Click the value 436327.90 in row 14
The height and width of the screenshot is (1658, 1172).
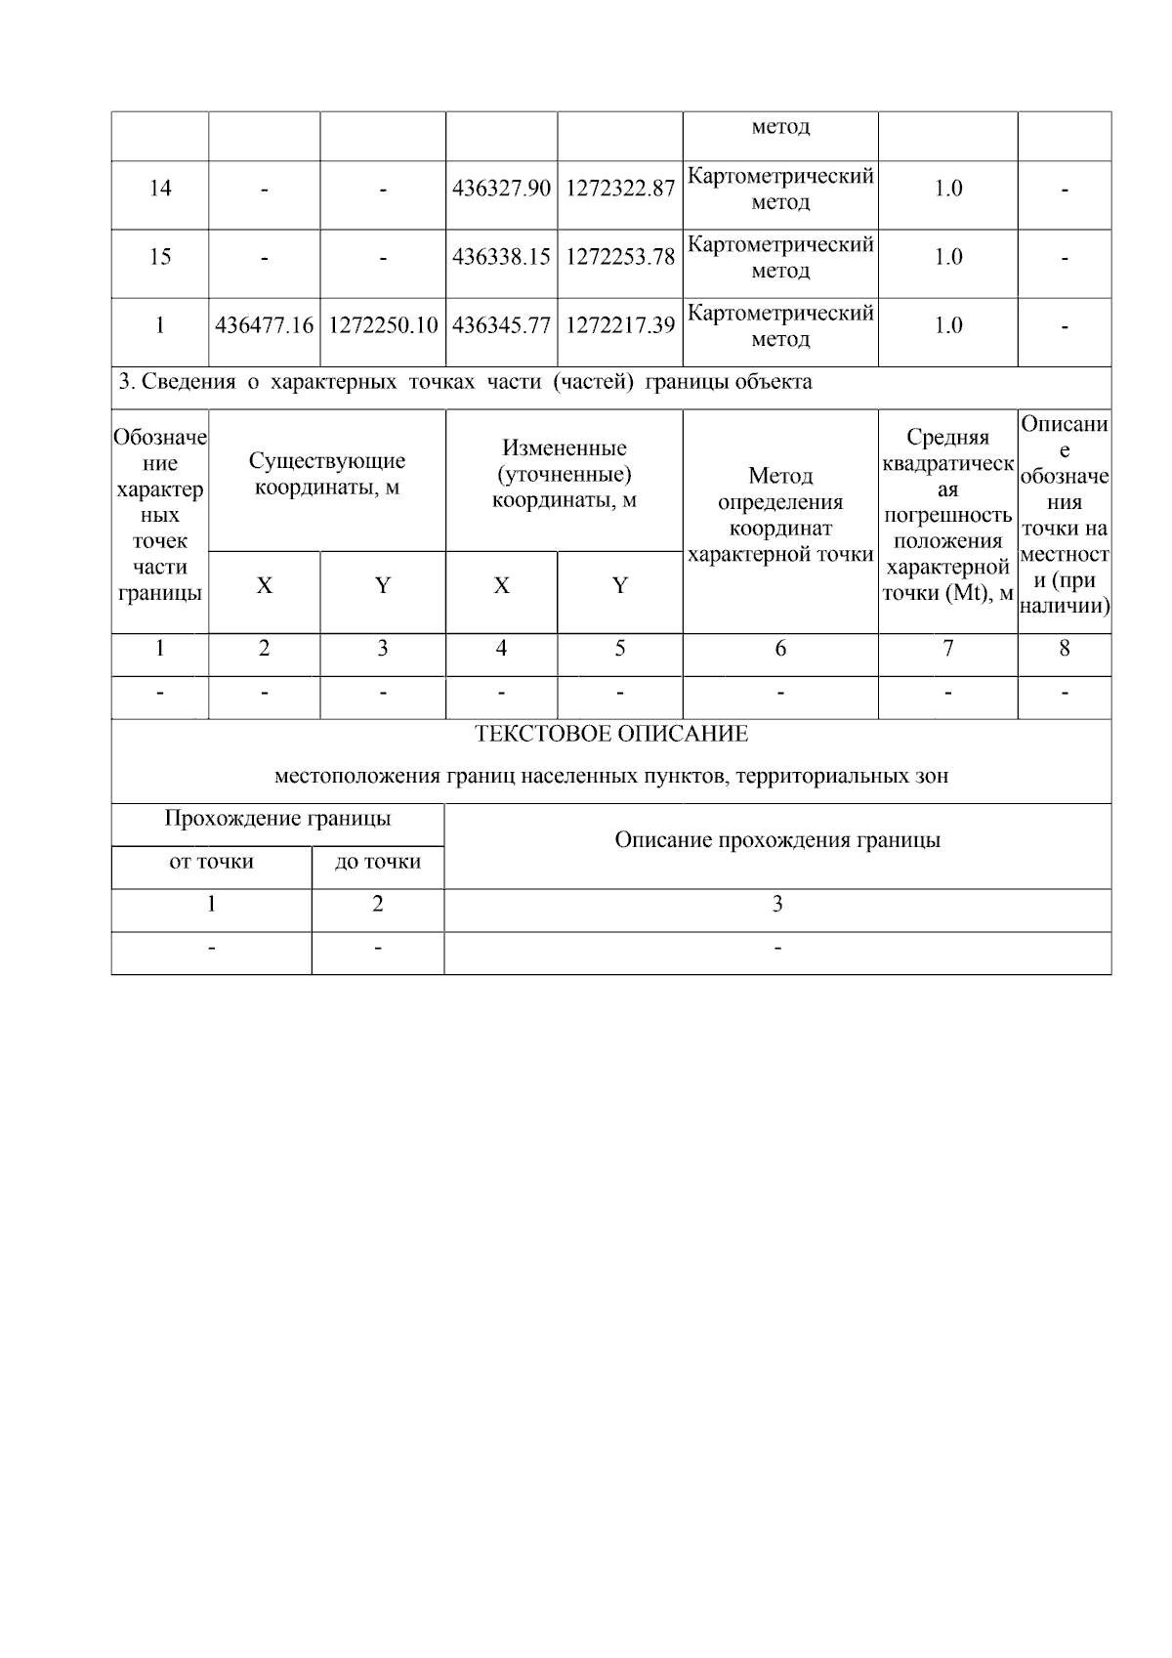(x=501, y=190)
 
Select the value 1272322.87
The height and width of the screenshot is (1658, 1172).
(x=620, y=190)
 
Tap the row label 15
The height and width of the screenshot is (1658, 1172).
(x=160, y=257)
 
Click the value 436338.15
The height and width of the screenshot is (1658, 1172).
(x=501, y=257)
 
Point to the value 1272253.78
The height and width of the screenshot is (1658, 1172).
(x=620, y=257)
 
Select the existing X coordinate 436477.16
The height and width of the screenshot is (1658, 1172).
(x=265, y=325)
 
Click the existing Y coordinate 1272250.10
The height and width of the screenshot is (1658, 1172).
(x=383, y=325)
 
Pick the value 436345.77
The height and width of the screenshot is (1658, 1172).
(x=501, y=325)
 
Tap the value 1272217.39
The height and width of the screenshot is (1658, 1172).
(x=620, y=325)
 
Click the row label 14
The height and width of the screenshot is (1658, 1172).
(x=160, y=189)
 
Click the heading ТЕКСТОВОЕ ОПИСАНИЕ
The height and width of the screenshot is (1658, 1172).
(x=611, y=734)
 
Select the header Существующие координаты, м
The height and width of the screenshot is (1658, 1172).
(x=327, y=474)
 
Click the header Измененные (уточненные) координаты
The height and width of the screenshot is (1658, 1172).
(x=564, y=474)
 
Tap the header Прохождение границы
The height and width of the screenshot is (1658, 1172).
(x=277, y=819)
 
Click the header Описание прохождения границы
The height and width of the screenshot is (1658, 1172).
(x=777, y=840)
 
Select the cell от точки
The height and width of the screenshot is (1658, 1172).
(x=211, y=862)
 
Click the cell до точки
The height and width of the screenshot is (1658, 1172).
(x=378, y=862)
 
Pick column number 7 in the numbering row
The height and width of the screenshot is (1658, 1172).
(x=947, y=649)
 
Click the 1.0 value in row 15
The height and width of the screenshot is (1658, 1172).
(x=947, y=257)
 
